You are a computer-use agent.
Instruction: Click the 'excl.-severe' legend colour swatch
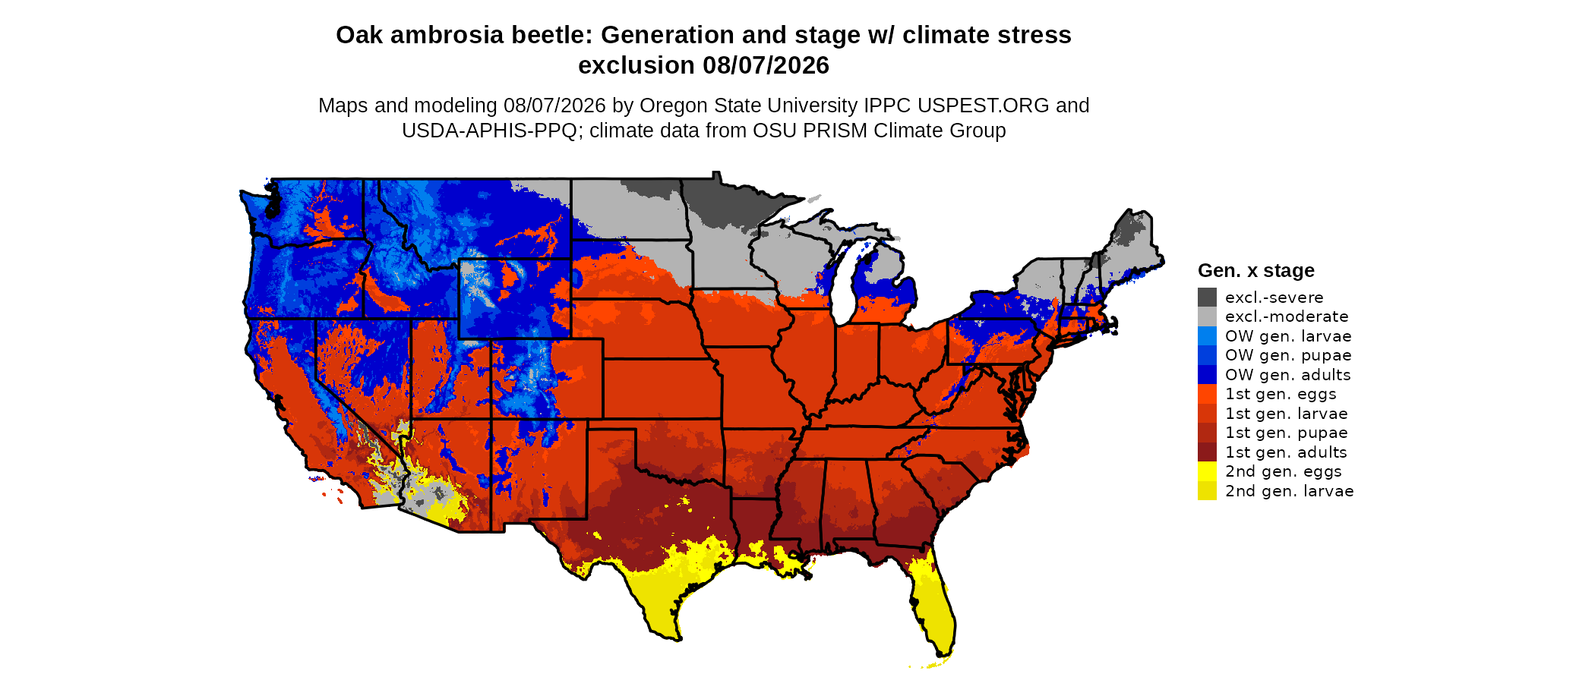click(x=1207, y=298)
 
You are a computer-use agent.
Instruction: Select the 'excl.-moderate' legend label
click(x=1287, y=316)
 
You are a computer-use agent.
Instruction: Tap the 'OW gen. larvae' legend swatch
click(x=1207, y=336)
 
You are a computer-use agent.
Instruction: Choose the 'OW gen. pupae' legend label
click(x=1288, y=355)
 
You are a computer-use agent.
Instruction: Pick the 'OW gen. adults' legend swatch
click(x=1207, y=375)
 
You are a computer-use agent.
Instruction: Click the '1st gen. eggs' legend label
click(x=1281, y=394)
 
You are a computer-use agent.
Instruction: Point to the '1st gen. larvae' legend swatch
click(x=1207, y=414)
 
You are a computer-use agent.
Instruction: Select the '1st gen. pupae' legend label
click(x=1287, y=433)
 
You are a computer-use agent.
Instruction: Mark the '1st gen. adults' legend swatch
click(x=1207, y=452)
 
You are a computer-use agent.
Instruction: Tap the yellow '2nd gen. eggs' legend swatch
click(x=1207, y=471)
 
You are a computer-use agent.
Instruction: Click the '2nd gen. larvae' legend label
click(x=1290, y=491)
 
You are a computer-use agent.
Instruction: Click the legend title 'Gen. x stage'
click(x=1256, y=271)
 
